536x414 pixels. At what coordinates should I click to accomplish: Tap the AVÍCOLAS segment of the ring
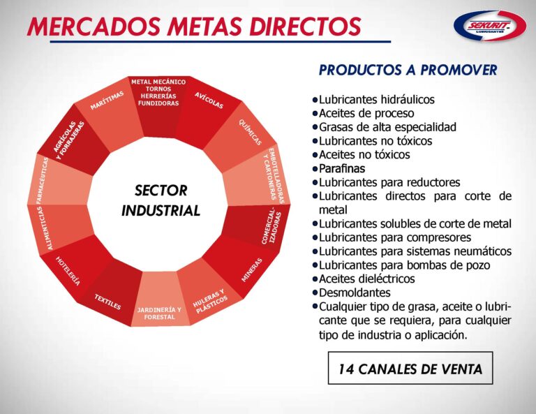pos(208,102)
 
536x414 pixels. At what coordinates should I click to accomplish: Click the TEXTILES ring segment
pos(108,301)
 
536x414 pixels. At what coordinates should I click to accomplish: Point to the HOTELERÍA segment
pos(68,271)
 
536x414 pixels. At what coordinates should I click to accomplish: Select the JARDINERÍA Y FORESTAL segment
pos(159,313)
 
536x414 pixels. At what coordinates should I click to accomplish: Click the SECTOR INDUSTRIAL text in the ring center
pos(161,200)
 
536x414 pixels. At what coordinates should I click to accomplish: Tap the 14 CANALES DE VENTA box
pos(410,369)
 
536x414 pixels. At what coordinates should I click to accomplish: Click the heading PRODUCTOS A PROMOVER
pos(408,71)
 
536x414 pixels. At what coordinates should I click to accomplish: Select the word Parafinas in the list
pos(342,168)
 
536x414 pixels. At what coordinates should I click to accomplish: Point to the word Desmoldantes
pos(355,293)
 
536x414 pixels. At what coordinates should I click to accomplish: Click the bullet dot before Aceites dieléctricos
pos(315,279)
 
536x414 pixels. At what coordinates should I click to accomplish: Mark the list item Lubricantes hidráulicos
pos(376,100)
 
